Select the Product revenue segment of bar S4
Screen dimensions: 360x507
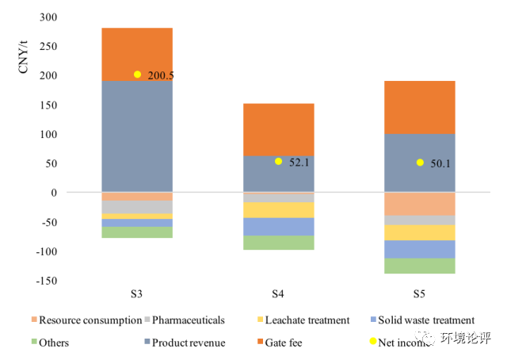tap(278, 174)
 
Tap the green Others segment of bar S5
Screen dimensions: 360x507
tap(419, 266)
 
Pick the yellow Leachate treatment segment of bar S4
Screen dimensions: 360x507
tap(278, 209)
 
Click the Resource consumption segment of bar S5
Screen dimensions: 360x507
tap(419, 204)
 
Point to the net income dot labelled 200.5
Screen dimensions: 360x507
tap(137, 75)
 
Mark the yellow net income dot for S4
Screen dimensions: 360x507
tap(278, 162)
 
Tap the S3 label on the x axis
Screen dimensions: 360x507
tap(137, 294)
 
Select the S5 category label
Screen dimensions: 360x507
tap(419, 294)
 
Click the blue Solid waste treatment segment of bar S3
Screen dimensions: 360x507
tap(137, 223)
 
